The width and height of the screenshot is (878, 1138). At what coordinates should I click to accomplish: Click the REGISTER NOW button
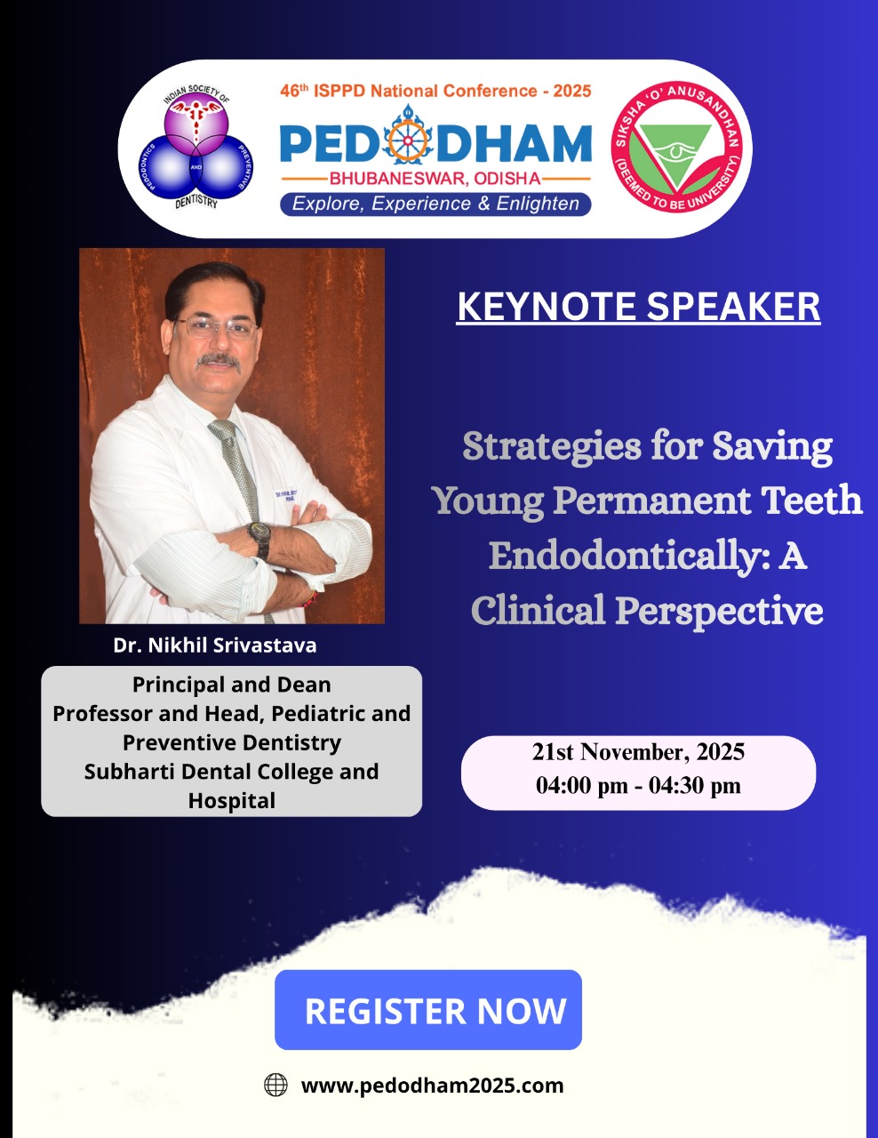point(428,1010)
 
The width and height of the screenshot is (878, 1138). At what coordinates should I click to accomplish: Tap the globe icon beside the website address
point(275,1085)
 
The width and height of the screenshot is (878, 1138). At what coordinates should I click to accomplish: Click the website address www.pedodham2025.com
point(432,1086)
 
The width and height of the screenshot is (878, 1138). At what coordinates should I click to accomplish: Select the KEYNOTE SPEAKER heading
point(638,307)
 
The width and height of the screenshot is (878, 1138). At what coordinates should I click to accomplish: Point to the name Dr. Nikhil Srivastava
point(215,645)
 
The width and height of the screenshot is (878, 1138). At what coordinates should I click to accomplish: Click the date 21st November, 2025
point(638,752)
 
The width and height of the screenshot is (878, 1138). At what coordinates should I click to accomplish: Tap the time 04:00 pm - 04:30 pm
point(638,786)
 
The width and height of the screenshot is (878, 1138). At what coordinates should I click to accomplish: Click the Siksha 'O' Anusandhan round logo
point(676,148)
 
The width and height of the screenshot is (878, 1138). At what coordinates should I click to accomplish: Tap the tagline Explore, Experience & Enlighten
point(435,204)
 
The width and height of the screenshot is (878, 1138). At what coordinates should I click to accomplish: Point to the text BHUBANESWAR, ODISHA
point(435,179)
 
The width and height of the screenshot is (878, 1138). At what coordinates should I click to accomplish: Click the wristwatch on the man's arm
point(260,538)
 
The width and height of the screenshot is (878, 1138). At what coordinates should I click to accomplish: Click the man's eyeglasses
point(216,328)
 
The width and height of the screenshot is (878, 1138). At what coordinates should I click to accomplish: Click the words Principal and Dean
point(232,685)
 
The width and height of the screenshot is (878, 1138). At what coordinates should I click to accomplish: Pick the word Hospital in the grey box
point(232,801)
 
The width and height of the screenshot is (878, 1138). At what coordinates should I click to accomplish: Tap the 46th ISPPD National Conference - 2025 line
point(435,91)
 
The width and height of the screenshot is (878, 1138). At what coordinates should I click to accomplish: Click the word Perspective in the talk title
point(719,612)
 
